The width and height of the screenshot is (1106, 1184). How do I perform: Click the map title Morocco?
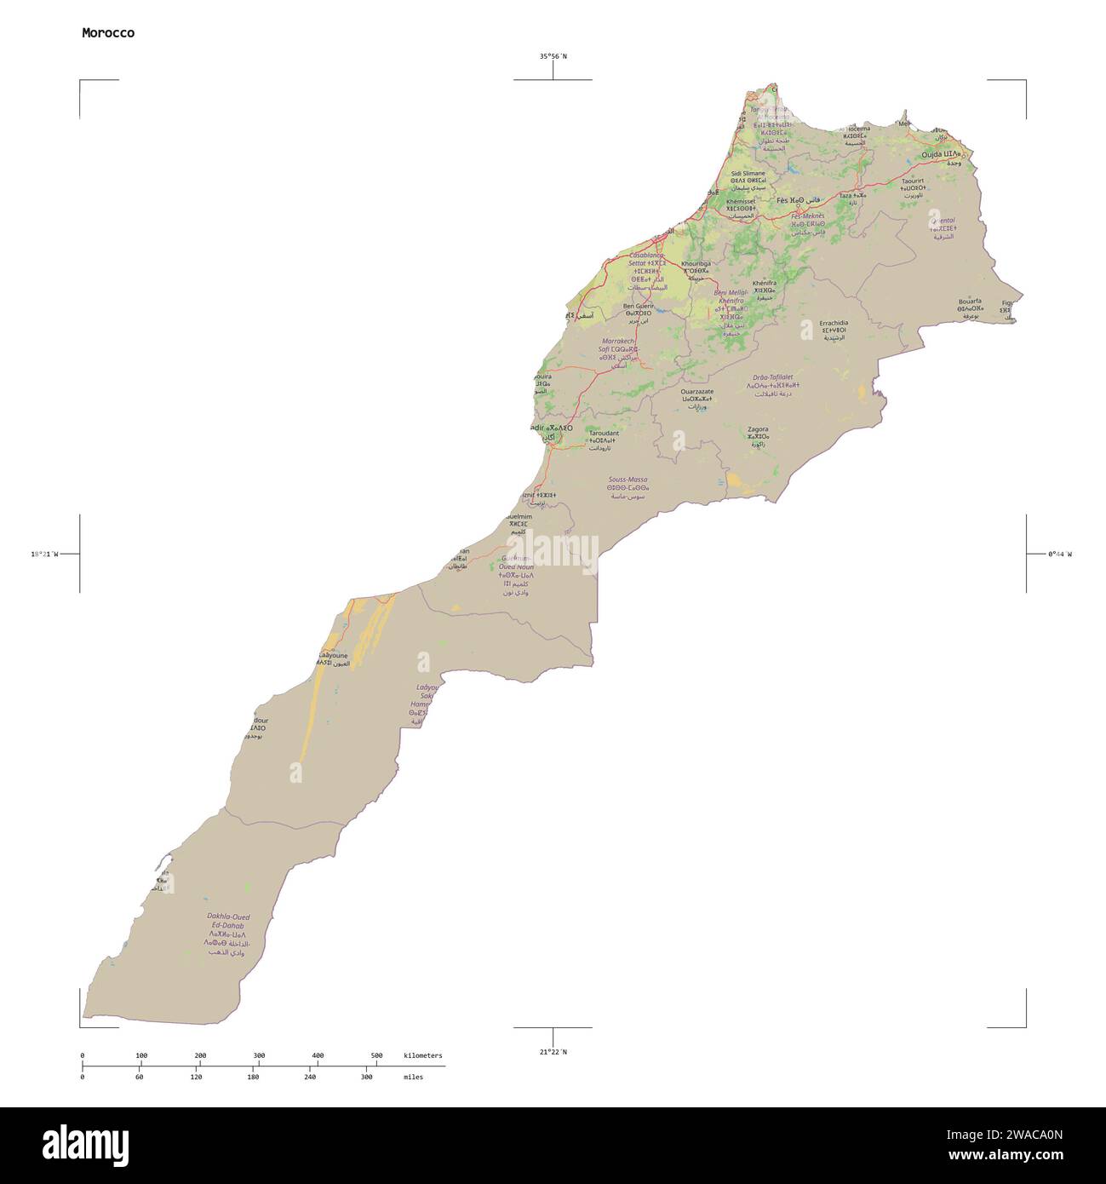[x=108, y=33]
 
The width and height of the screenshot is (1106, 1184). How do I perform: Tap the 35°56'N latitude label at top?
[x=553, y=56]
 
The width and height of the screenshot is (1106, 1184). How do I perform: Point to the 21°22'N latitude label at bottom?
[x=553, y=1051]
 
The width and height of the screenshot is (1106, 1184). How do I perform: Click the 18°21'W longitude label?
[x=44, y=554]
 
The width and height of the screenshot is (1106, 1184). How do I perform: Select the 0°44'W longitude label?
[x=1060, y=554]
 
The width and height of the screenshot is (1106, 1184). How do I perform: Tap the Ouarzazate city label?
[x=697, y=392]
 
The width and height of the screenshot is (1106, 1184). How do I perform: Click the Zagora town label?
[x=757, y=429]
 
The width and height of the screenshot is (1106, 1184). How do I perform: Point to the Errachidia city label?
[x=834, y=324]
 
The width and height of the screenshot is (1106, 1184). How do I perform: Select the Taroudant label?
[x=604, y=433]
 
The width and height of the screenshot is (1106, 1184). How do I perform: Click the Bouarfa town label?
[x=969, y=301]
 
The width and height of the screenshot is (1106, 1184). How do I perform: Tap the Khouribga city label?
[x=696, y=263]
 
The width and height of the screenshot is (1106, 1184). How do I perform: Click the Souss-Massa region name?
[x=627, y=480]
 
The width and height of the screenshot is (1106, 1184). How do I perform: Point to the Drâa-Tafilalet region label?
[x=772, y=376]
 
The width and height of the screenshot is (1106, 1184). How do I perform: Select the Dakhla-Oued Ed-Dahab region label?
[x=227, y=921]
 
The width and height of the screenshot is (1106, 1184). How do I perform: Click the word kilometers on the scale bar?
[x=423, y=1055]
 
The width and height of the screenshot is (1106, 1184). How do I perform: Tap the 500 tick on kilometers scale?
[x=376, y=1055]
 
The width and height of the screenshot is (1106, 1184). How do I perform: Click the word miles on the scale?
[x=413, y=1077]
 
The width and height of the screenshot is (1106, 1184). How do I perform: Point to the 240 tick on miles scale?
[x=310, y=1077]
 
